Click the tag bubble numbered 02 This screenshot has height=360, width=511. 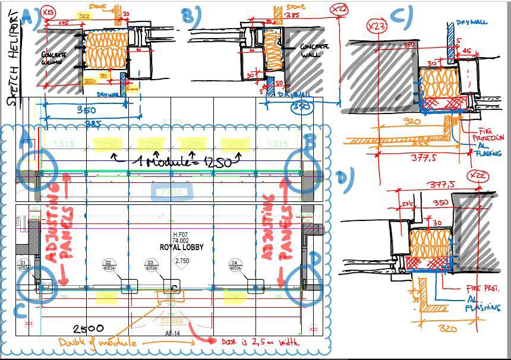point(109,265)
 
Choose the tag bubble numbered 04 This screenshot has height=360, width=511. point(236,265)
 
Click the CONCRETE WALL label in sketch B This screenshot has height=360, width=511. point(312,50)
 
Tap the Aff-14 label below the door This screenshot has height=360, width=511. point(172,334)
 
